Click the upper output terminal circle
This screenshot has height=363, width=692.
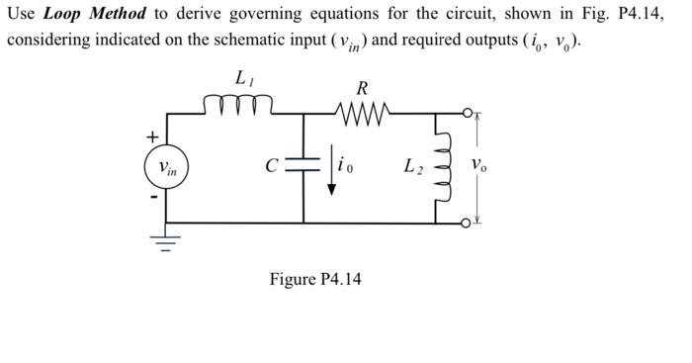(465, 112)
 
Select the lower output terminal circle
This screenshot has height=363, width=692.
(465, 224)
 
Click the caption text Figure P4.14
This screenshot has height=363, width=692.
(315, 279)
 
